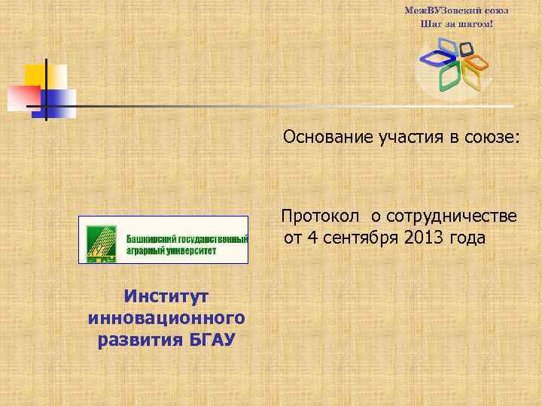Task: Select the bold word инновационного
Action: coord(166,319)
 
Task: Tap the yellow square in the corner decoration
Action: coord(38,76)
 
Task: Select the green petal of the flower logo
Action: coord(450,76)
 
